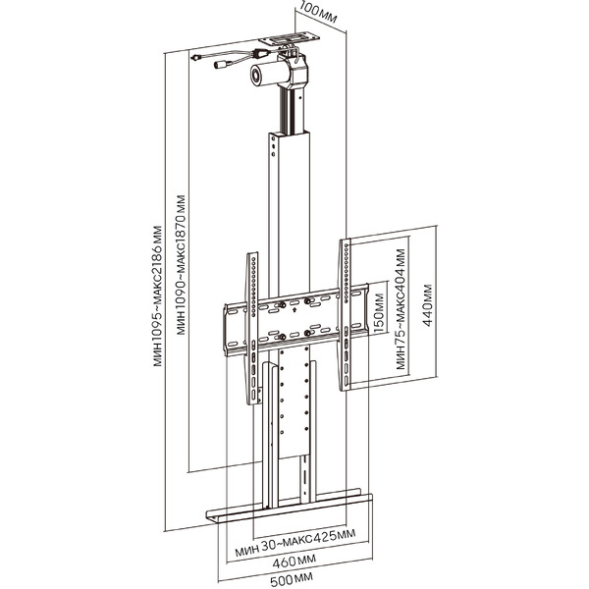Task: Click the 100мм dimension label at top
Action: (319, 13)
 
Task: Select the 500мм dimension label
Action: (292, 579)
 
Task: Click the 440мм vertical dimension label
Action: (427, 305)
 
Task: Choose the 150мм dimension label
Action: (379, 313)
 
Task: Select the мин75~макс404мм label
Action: (401, 309)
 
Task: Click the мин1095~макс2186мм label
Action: (158, 295)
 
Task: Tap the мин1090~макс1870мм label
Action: (181, 265)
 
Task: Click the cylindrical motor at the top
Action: (271, 75)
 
